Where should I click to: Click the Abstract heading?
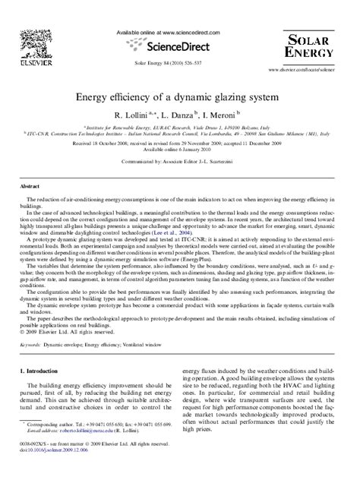point(30,185)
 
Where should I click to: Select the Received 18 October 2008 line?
point(179,143)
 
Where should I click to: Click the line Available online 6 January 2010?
point(179,150)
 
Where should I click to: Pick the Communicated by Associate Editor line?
point(179,162)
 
